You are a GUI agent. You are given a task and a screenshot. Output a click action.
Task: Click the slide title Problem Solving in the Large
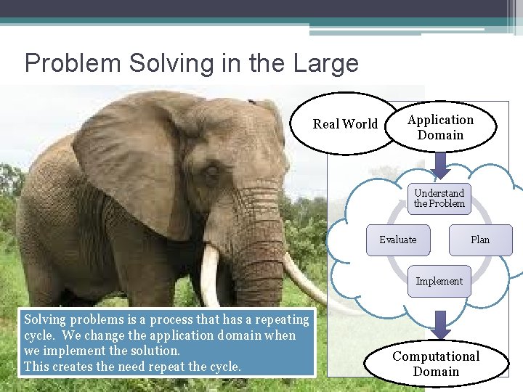192,63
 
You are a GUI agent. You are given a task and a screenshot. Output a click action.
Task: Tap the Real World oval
345,124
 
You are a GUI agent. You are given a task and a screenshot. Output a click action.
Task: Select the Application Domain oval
440,127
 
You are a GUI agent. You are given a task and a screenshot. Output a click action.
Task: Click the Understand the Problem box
439,198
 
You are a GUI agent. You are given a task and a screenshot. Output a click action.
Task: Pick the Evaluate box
398,240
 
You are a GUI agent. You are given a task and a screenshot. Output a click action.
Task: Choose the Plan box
479,240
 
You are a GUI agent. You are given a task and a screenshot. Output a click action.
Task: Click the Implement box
439,282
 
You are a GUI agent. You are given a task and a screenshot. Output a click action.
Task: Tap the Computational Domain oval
436,364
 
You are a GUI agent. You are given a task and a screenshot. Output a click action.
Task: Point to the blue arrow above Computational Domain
439,322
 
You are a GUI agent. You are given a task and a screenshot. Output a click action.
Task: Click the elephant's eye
211,173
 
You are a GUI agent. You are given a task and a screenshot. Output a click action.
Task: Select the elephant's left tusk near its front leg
209,276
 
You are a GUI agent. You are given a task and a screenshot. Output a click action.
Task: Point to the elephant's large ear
134,160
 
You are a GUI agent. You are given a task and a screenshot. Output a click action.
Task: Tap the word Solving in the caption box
45,319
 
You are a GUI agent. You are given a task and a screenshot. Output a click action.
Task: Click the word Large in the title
326,63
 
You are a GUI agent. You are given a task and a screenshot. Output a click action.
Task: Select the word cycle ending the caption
224,367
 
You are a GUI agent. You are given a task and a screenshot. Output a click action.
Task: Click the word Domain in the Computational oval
436,372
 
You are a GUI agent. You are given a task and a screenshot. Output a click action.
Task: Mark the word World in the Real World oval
361,124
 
